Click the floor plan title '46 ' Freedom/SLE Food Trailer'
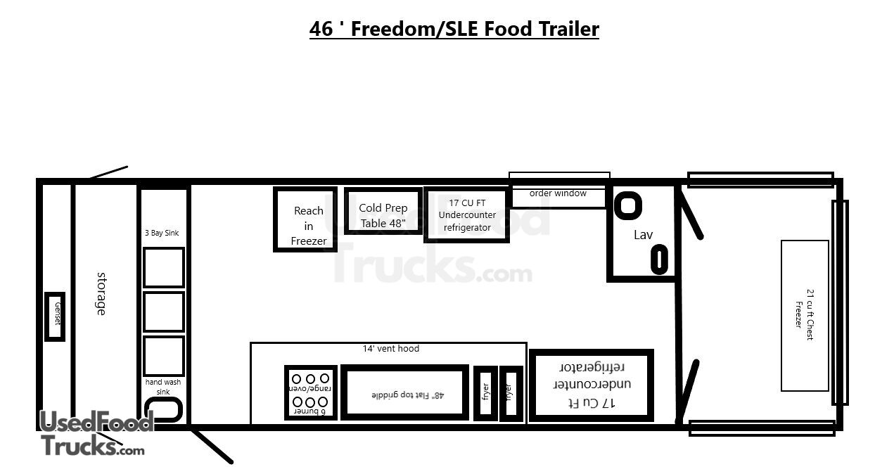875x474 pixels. pyautogui.click(x=454, y=29)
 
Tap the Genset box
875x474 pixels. pyautogui.click(x=55, y=316)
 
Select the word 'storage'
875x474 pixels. pyautogui.click(x=101, y=294)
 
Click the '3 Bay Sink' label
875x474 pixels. pyautogui.click(x=162, y=233)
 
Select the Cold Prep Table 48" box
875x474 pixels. pyautogui.click(x=383, y=211)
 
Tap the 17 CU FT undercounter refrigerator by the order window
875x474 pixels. pyautogui.click(x=467, y=214)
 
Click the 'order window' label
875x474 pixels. pyautogui.click(x=558, y=193)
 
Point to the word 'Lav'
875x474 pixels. pyautogui.click(x=643, y=235)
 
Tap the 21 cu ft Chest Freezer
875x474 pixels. pyautogui.click(x=805, y=316)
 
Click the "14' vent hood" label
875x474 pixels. pyautogui.click(x=390, y=348)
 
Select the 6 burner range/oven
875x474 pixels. pyautogui.click(x=311, y=393)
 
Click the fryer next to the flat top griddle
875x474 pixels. pyautogui.click(x=485, y=394)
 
